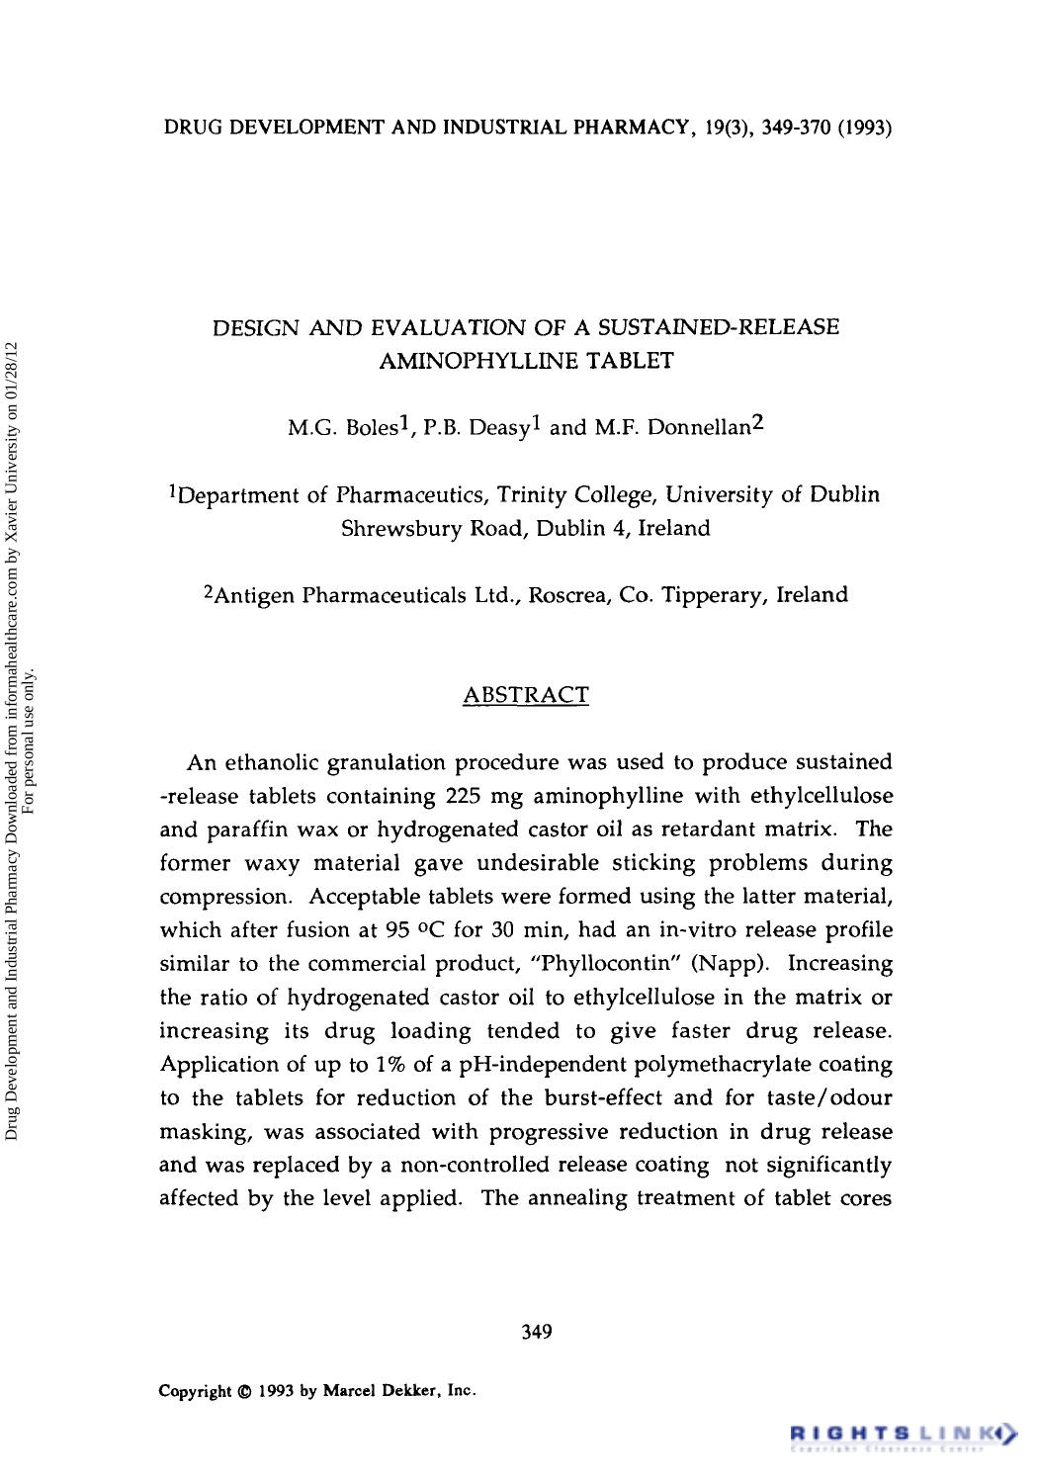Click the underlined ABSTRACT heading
[x=526, y=695]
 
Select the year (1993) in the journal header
[x=866, y=128]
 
